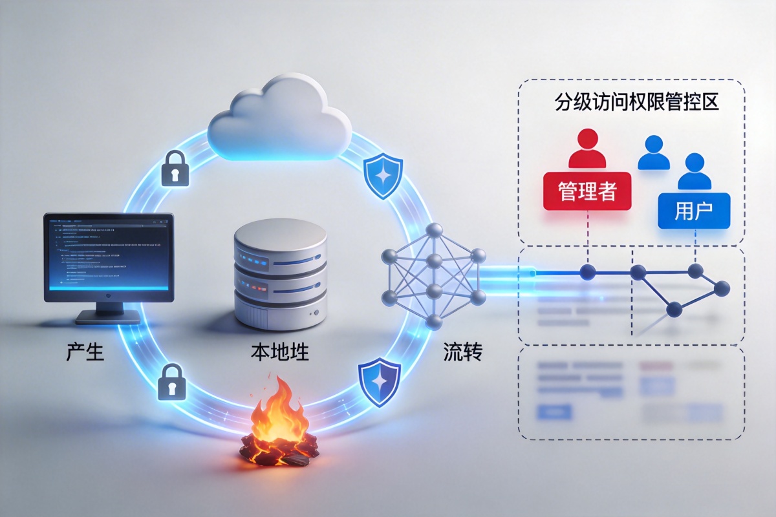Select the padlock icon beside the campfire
172,381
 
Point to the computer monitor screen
108,256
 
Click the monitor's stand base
108,317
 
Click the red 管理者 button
587,191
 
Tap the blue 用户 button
693,211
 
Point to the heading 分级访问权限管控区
637,103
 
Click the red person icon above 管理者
587,149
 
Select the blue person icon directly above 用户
695,171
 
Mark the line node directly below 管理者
587,272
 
